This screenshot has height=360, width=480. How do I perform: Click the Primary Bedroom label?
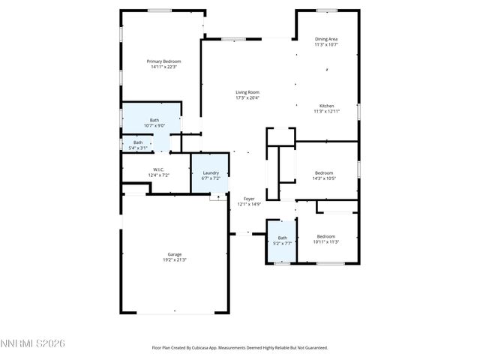click(x=163, y=61)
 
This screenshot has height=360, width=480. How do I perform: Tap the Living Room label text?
click(x=247, y=92)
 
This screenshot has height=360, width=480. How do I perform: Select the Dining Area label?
click(x=326, y=39)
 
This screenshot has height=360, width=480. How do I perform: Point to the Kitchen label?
click(x=326, y=106)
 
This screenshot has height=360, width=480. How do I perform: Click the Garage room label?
click(x=174, y=254)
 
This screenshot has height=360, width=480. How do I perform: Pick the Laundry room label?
click(x=211, y=172)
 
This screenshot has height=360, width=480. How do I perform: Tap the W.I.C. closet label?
click(x=158, y=169)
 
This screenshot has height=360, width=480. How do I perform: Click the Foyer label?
click(x=249, y=199)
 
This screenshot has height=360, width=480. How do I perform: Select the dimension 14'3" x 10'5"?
click(x=325, y=178)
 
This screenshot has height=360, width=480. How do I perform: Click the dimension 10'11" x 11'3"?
click(x=326, y=241)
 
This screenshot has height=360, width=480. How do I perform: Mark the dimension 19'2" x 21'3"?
click(x=174, y=259)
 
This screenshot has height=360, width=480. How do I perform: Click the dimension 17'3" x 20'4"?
click(x=247, y=97)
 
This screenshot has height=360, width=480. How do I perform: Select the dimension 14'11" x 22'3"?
click(x=163, y=67)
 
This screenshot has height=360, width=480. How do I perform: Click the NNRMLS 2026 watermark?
click(x=33, y=343)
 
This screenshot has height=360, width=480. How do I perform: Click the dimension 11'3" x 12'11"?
click(x=326, y=111)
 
